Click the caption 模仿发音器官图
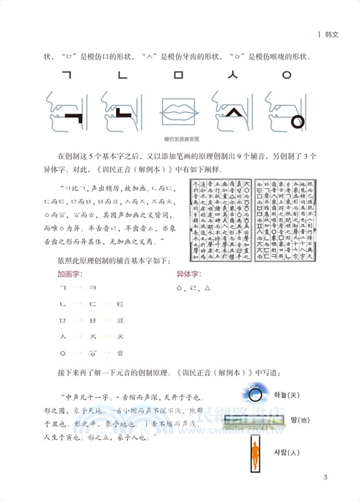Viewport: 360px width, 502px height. [181, 139]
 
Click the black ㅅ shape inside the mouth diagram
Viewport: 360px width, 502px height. [232, 114]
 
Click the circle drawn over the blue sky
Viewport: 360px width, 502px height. [254, 394]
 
